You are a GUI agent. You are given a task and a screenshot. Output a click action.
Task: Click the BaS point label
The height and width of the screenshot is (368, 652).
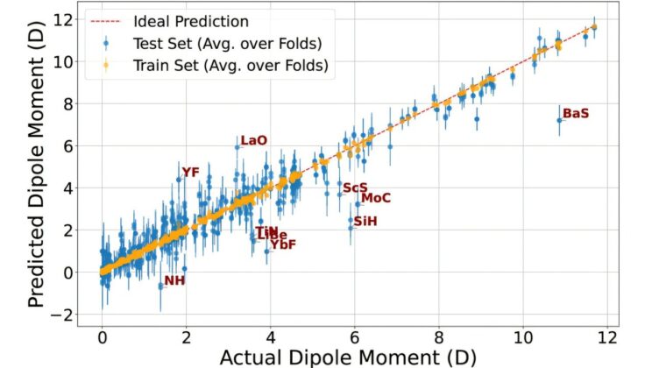[576, 114]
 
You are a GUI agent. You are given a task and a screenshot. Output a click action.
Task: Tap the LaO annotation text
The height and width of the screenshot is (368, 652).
[253, 140]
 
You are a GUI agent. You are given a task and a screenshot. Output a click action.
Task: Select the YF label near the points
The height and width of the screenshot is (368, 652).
[191, 172]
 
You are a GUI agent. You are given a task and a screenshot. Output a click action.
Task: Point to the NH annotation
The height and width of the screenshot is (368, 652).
[174, 280]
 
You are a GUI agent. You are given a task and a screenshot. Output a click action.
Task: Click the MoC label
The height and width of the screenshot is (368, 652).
[375, 198]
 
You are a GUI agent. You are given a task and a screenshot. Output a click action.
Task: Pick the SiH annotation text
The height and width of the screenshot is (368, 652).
[365, 222]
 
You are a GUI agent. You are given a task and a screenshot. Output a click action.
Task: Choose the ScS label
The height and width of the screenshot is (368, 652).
[355, 188]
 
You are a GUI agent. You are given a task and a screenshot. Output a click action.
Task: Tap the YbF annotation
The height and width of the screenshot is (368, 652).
[283, 245]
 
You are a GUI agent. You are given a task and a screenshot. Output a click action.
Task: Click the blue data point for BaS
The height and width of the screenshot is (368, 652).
[559, 121]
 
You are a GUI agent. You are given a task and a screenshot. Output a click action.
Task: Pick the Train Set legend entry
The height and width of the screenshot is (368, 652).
[230, 64]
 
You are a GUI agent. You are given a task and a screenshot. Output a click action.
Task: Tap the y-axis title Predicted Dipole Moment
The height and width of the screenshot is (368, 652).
[37, 166]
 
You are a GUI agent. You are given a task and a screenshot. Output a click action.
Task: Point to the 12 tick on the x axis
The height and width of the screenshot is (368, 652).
[608, 336]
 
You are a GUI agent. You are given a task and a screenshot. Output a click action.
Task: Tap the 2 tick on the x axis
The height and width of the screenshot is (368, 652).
[187, 336]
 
